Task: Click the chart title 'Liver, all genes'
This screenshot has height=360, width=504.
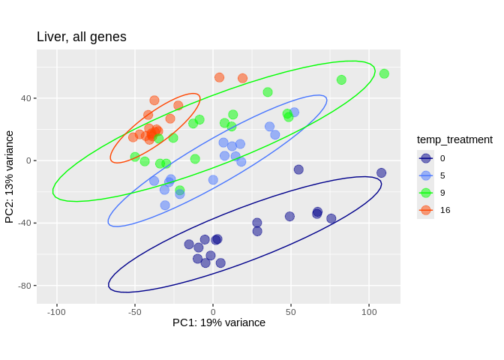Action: coord(82,37)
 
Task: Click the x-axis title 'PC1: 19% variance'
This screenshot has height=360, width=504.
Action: coord(219,322)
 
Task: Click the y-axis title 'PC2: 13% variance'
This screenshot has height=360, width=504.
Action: coord(10,177)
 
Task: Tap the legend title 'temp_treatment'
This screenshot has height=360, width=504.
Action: coord(454,139)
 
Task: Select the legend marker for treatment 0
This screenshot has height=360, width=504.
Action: coord(426,158)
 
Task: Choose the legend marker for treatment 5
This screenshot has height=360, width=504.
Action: coord(426,175)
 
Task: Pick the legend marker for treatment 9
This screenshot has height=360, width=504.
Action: coord(426,193)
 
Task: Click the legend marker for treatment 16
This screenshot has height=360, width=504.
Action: coord(426,210)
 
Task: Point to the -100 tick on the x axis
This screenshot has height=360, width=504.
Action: coord(56,312)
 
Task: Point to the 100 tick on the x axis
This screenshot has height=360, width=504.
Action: coord(369,312)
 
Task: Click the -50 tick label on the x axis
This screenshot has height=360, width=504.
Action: coord(135,312)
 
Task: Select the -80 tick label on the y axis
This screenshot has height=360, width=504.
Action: coord(23,286)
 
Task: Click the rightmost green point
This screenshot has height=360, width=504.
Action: coord(384,73)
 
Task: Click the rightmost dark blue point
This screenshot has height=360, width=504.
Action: coord(381,172)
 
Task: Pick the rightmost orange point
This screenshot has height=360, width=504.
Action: coord(242,78)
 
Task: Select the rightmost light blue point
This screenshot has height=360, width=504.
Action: coord(294,112)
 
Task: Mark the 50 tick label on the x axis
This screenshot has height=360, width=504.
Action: coord(291,312)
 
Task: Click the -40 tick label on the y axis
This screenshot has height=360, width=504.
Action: coord(23,223)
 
